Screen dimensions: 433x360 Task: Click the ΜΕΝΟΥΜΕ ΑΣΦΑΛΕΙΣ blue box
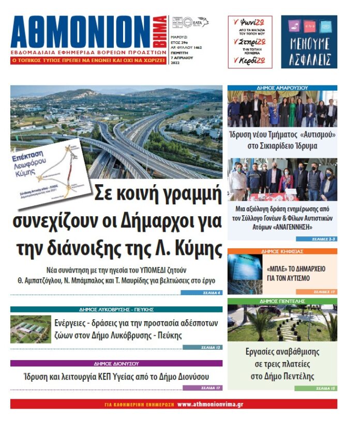309,42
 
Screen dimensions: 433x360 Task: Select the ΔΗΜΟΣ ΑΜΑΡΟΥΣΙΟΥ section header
282,88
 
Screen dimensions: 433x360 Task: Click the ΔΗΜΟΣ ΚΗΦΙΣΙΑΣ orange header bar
282,251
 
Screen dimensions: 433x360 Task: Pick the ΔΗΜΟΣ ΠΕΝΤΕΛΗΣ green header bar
282,301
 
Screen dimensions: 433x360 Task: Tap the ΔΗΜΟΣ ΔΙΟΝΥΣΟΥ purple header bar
116,363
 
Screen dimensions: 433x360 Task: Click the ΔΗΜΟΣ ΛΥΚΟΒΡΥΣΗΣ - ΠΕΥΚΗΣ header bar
116,309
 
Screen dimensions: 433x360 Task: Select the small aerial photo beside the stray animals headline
31,329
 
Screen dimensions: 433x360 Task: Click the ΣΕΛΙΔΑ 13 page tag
210,347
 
